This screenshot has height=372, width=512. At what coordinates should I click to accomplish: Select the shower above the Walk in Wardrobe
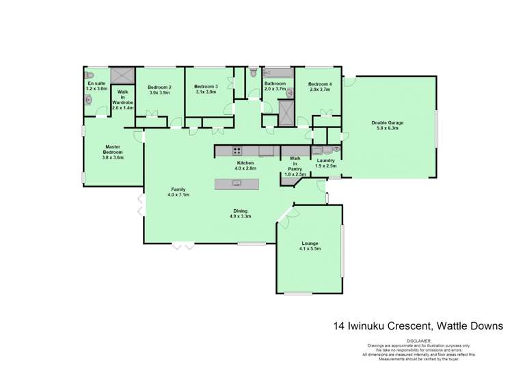click(122, 75)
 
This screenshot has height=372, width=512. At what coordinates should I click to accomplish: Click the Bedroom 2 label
click(159, 87)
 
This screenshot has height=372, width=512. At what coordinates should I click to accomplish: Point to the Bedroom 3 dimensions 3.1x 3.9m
click(206, 92)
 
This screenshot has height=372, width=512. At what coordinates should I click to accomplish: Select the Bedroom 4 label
click(320, 84)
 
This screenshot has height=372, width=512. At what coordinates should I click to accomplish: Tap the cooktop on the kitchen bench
click(237, 151)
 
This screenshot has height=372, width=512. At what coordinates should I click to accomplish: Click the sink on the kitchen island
click(237, 183)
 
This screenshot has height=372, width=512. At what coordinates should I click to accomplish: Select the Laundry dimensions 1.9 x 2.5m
click(326, 166)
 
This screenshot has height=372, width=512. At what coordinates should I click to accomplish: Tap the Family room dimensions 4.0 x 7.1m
click(178, 195)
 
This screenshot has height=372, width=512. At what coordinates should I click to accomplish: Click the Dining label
click(240, 211)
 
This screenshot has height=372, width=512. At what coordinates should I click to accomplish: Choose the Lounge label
click(310, 243)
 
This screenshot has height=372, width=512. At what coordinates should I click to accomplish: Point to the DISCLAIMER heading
click(420, 340)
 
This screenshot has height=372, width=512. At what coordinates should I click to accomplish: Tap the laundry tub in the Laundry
click(318, 150)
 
